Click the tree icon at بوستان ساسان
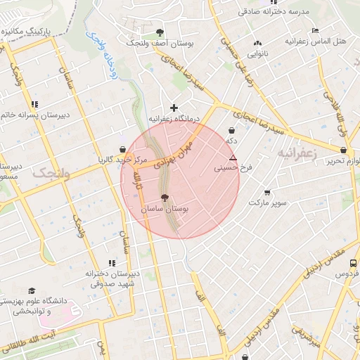click(x=165, y=198)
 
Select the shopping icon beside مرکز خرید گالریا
click(x=124, y=148)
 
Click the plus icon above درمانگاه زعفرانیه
click(x=174, y=108)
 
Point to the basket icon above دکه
click(x=232, y=130)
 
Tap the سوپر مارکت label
click(x=267, y=203)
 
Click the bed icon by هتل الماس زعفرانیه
click(x=314, y=30)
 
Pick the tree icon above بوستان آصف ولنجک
click(x=160, y=32)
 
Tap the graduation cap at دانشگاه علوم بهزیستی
click(x=32, y=290)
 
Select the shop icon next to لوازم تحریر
click(x=343, y=150)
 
